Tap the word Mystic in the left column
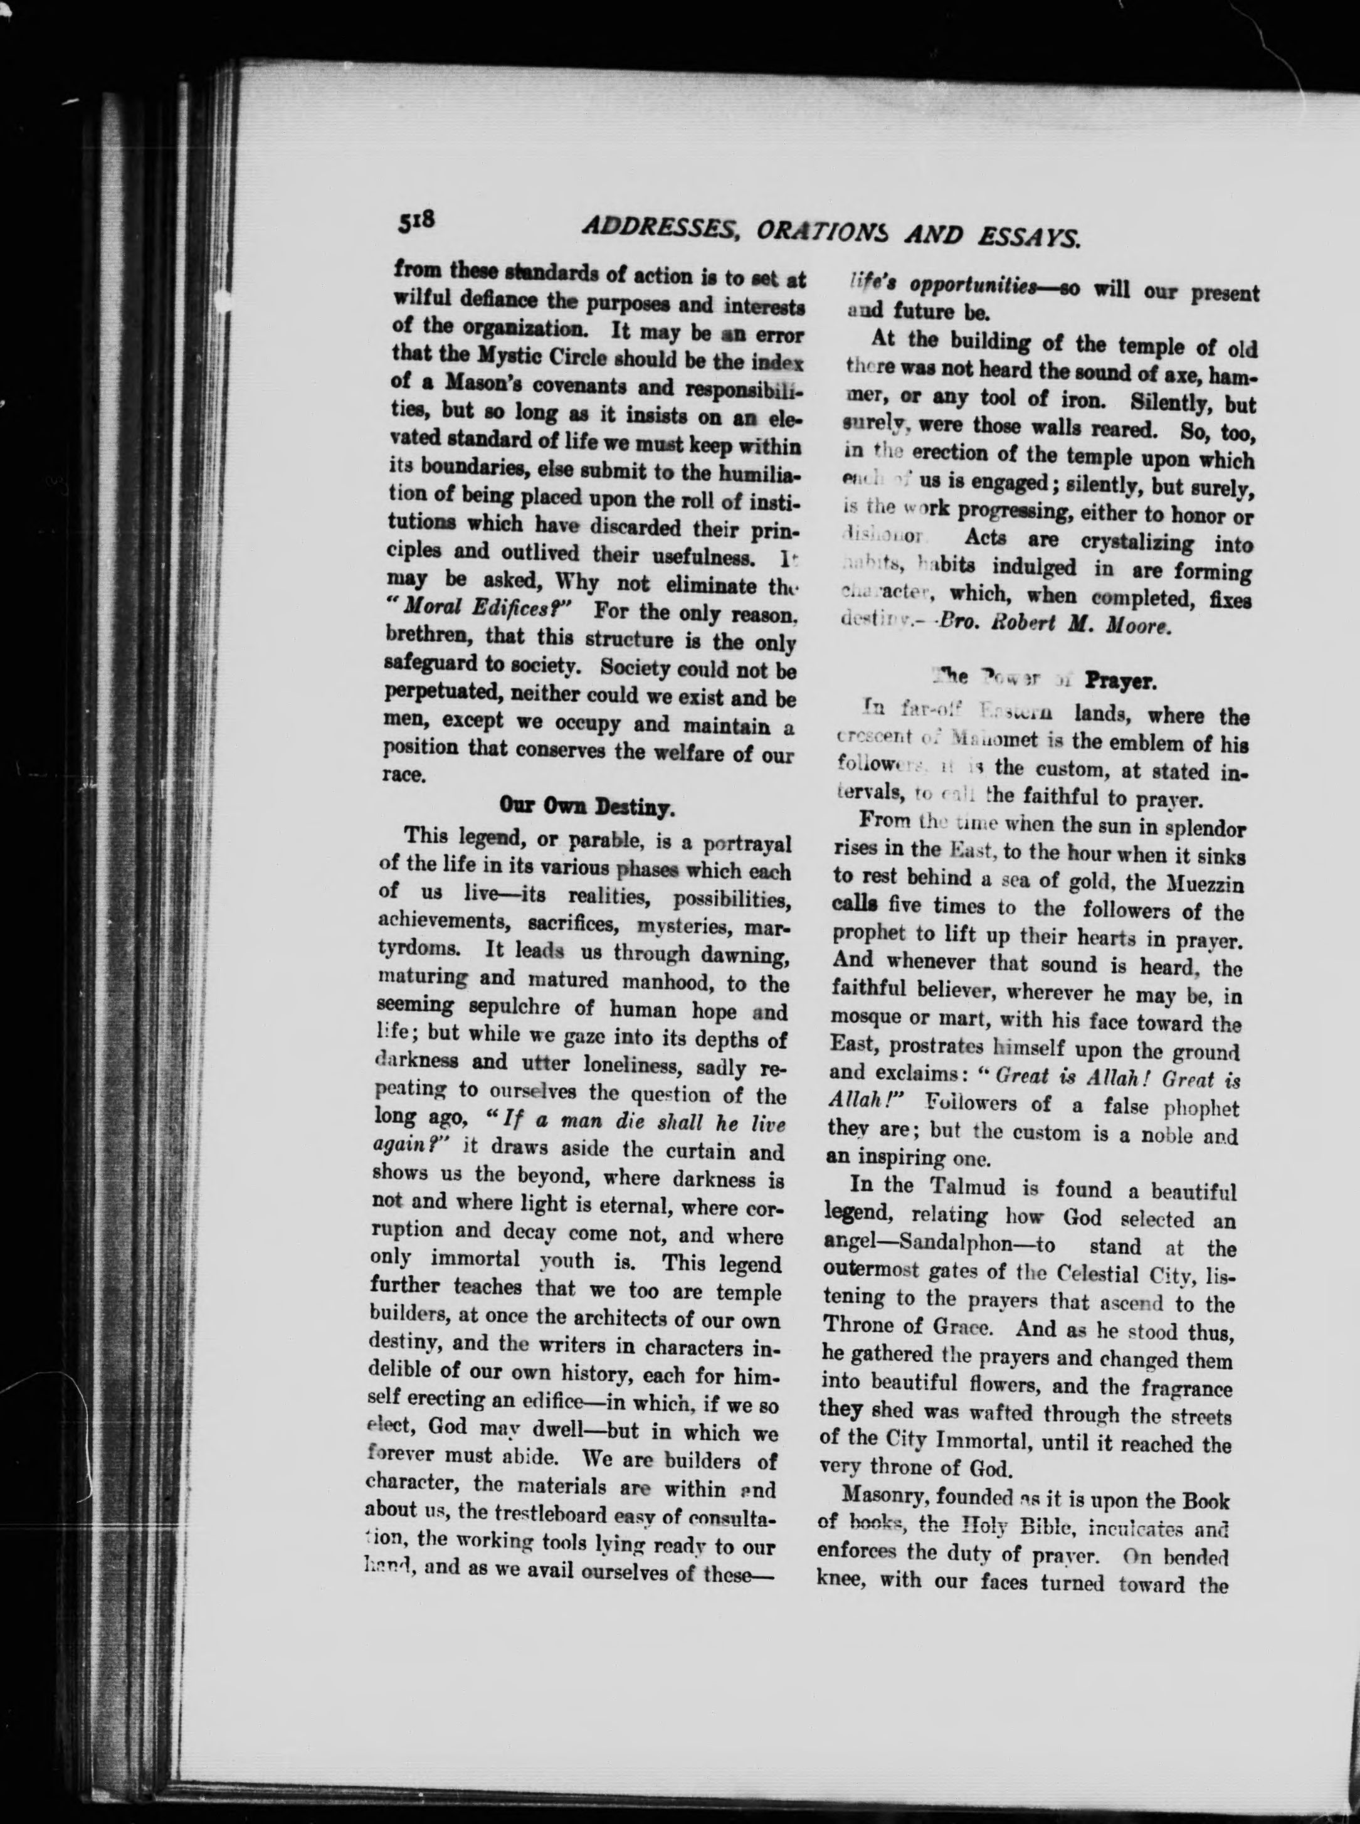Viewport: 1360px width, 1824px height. pyautogui.click(x=473, y=358)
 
